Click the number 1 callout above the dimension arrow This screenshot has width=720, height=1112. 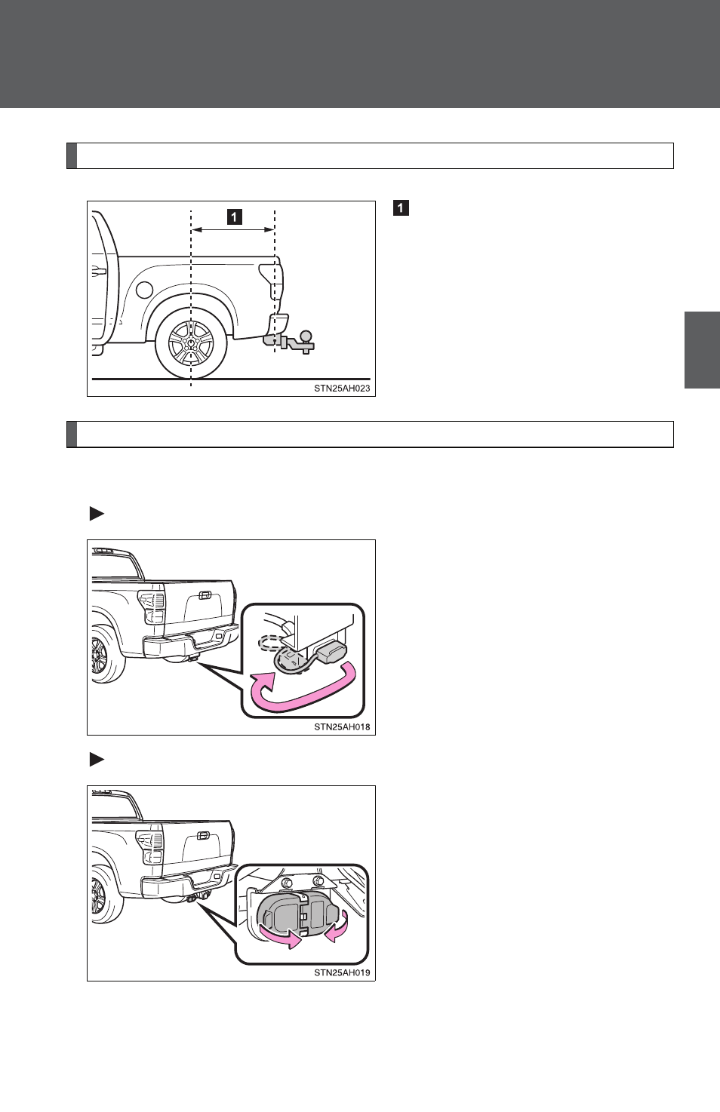[235, 217]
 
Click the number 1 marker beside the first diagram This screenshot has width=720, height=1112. [401, 207]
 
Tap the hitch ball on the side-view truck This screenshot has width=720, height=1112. [306, 336]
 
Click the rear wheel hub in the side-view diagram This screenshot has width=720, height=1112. [191, 343]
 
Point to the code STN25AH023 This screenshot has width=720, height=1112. [342, 389]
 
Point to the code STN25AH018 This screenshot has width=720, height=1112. [342, 727]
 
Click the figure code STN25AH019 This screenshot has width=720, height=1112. [342, 973]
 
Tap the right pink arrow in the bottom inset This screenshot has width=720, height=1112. [337, 927]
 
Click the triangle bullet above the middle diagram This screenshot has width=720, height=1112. [97, 514]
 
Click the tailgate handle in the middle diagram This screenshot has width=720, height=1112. [204, 595]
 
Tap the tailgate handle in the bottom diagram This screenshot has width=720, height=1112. [203, 836]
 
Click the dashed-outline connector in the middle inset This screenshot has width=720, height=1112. [271, 644]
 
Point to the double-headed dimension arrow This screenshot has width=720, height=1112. [233, 229]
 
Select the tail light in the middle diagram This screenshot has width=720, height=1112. [152, 607]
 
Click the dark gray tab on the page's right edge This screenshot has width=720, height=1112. [702, 349]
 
